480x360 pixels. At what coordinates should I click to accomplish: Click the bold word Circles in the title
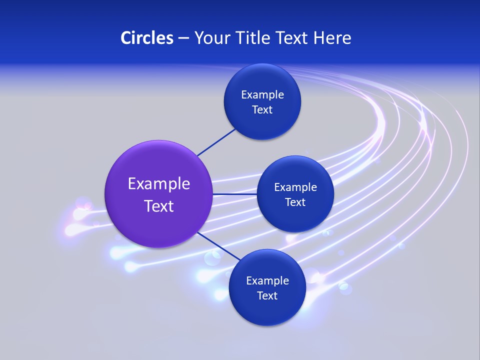[146, 38]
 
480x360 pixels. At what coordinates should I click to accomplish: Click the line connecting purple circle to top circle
[216, 142]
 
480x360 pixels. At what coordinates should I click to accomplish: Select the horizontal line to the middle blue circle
[234, 194]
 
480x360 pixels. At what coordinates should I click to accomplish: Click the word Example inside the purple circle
[159, 184]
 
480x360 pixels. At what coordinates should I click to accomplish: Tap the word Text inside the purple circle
[159, 206]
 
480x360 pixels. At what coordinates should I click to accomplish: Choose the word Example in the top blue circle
[262, 95]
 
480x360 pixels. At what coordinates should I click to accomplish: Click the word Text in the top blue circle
[262, 110]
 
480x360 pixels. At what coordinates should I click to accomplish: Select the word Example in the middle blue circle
[295, 187]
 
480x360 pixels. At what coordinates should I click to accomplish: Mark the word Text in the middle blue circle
[295, 202]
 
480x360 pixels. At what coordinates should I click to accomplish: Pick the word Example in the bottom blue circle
[267, 281]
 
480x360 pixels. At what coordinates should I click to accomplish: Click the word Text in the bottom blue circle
[267, 296]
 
